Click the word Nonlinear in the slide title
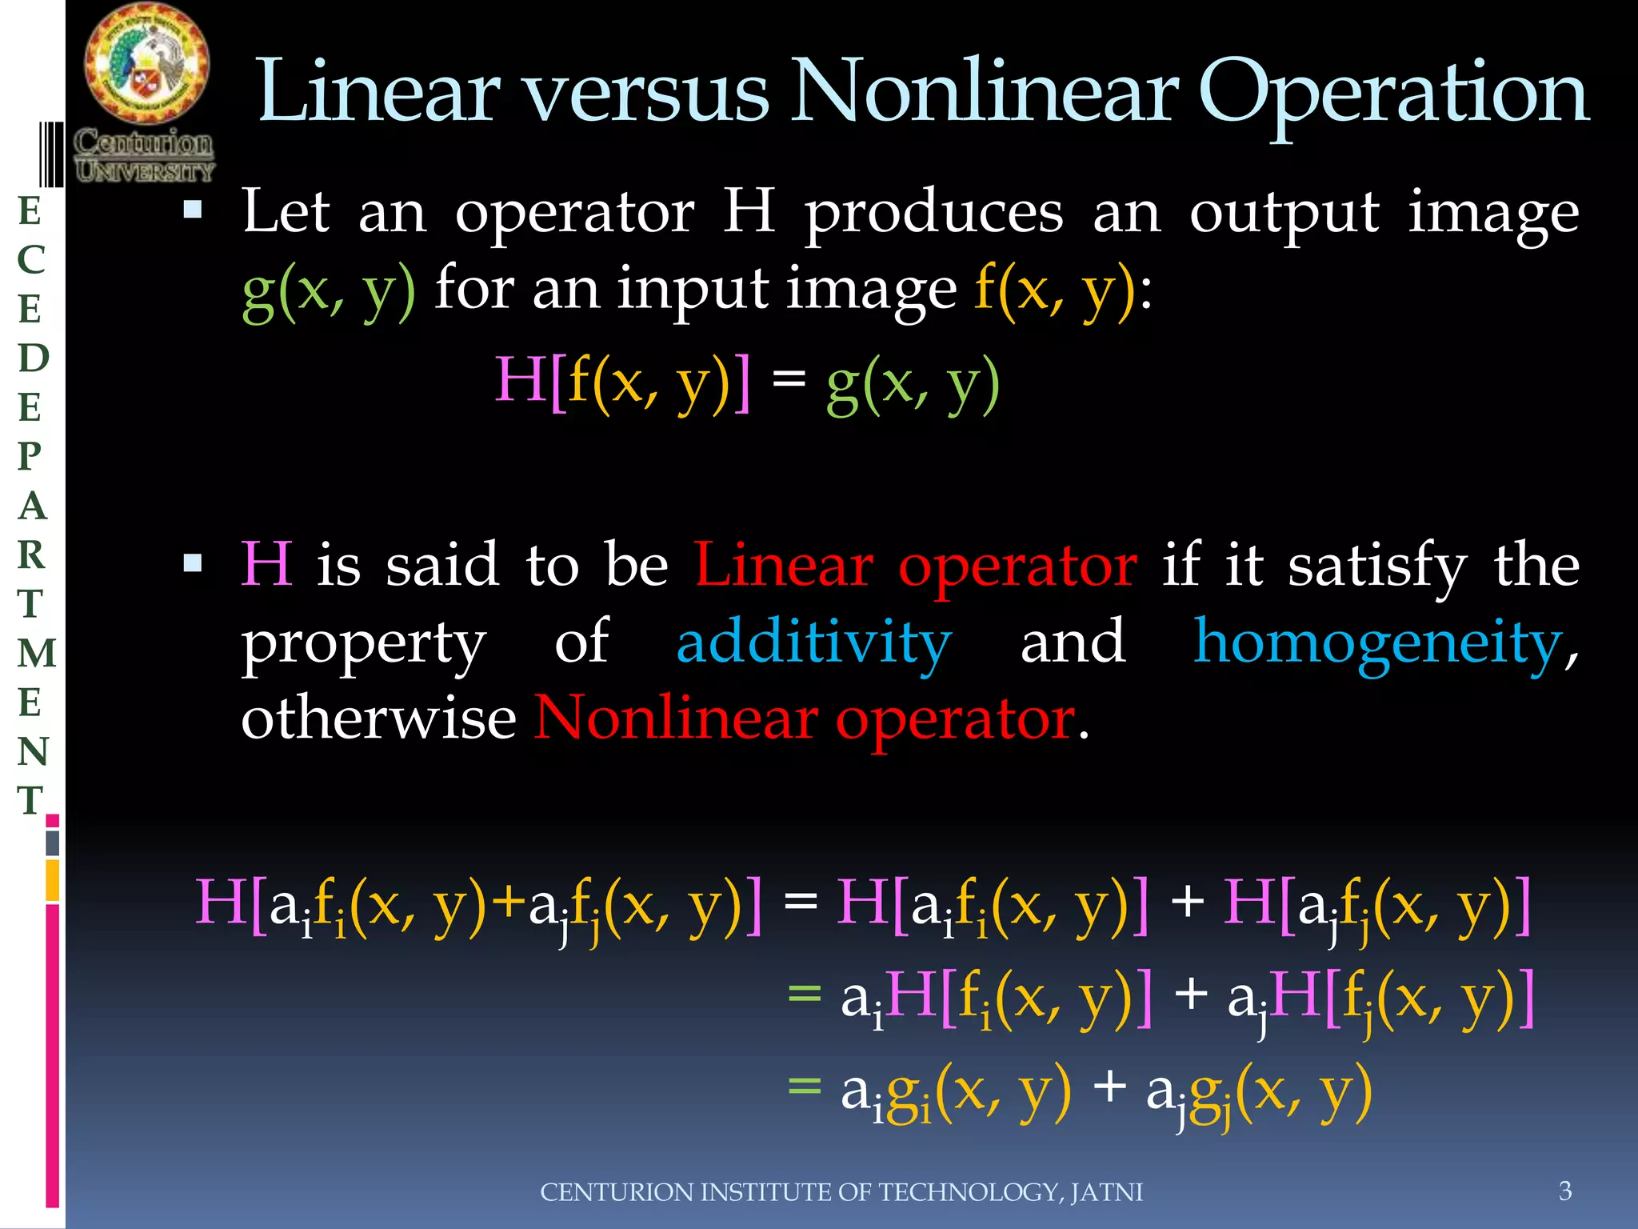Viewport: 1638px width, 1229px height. (985, 92)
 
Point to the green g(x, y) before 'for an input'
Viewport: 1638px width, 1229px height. (329, 290)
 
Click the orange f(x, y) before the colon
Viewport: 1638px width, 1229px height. (1055, 290)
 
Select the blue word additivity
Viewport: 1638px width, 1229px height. (813, 642)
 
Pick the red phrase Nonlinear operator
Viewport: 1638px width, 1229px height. (805, 718)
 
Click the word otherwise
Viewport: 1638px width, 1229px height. (378, 718)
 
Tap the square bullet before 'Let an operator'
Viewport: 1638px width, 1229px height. (193, 210)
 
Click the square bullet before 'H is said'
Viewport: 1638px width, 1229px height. (193, 564)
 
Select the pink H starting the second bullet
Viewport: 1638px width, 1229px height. (267, 564)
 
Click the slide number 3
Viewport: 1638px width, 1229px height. (1565, 1191)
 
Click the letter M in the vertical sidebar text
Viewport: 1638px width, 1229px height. (37, 653)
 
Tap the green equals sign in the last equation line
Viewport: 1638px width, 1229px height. (805, 1086)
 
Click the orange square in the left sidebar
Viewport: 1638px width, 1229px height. (53, 880)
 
